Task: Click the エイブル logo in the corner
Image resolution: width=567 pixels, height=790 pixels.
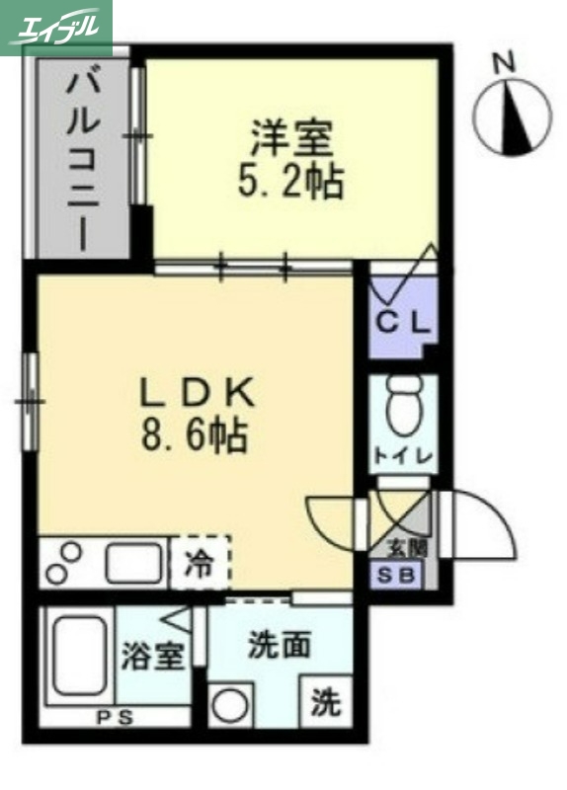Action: pos(56,27)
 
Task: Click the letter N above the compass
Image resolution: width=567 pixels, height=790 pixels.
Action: pos(506,62)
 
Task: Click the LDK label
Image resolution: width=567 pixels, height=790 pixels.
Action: pos(197,394)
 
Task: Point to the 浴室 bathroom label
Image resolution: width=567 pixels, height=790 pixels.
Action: pos(153,657)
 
